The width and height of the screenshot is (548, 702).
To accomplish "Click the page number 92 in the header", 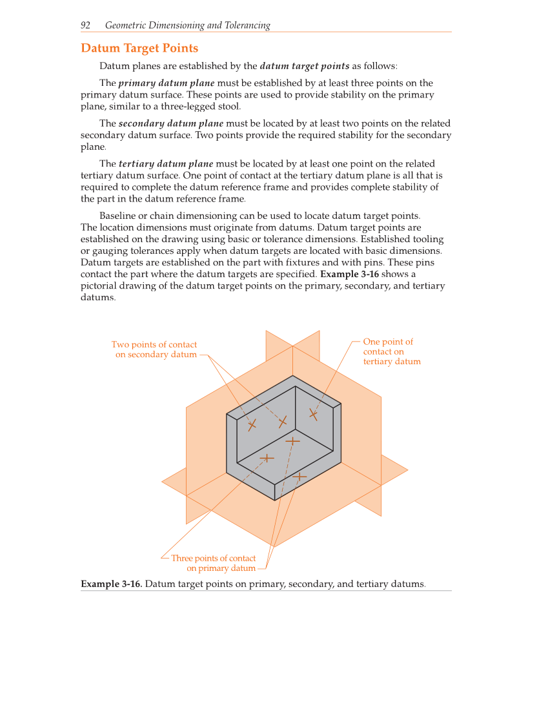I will pyautogui.click(x=85, y=25).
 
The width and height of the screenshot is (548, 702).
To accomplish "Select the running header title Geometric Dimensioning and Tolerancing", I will pyautogui.click(x=187, y=25).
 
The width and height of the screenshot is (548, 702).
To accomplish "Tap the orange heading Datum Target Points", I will pyautogui.click(x=139, y=48).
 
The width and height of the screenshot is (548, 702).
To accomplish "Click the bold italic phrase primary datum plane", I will pyautogui.click(x=167, y=83).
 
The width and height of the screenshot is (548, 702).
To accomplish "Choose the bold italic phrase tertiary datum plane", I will pyautogui.click(x=166, y=163).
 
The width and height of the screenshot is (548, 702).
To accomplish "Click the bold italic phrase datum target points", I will pyautogui.click(x=305, y=66).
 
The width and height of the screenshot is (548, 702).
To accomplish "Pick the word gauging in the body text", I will pyautogui.click(x=109, y=251).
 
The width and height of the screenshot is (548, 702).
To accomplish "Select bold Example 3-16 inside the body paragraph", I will pyautogui.click(x=354, y=274).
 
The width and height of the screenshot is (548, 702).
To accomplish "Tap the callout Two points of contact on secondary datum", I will pyautogui.click(x=155, y=349).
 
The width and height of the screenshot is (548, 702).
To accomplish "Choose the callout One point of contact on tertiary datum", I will pyautogui.click(x=391, y=351).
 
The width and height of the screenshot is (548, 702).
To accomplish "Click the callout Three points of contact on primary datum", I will pyautogui.click(x=214, y=563).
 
